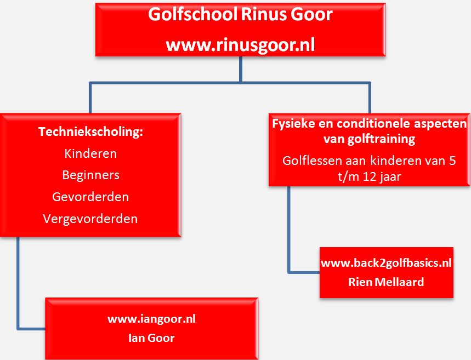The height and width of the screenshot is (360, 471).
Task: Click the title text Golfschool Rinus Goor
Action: click(240, 15)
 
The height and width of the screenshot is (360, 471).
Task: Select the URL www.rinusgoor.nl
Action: click(240, 44)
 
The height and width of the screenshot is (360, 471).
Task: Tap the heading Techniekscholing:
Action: click(90, 132)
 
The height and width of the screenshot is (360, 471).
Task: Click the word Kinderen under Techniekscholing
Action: click(90, 153)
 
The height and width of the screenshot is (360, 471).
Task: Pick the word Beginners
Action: click(90, 175)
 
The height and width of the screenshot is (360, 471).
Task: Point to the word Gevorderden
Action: click(90, 197)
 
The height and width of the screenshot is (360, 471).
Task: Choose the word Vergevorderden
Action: click(90, 219)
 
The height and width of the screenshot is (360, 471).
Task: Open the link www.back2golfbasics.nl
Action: click(386, 263)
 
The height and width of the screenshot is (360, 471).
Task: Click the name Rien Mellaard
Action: click(386, 282)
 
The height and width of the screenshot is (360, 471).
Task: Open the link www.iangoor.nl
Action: click(151, 318)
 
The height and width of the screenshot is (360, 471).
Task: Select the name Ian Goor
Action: click(151, 338)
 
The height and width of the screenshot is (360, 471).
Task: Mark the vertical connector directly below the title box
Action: click(241, 69)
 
